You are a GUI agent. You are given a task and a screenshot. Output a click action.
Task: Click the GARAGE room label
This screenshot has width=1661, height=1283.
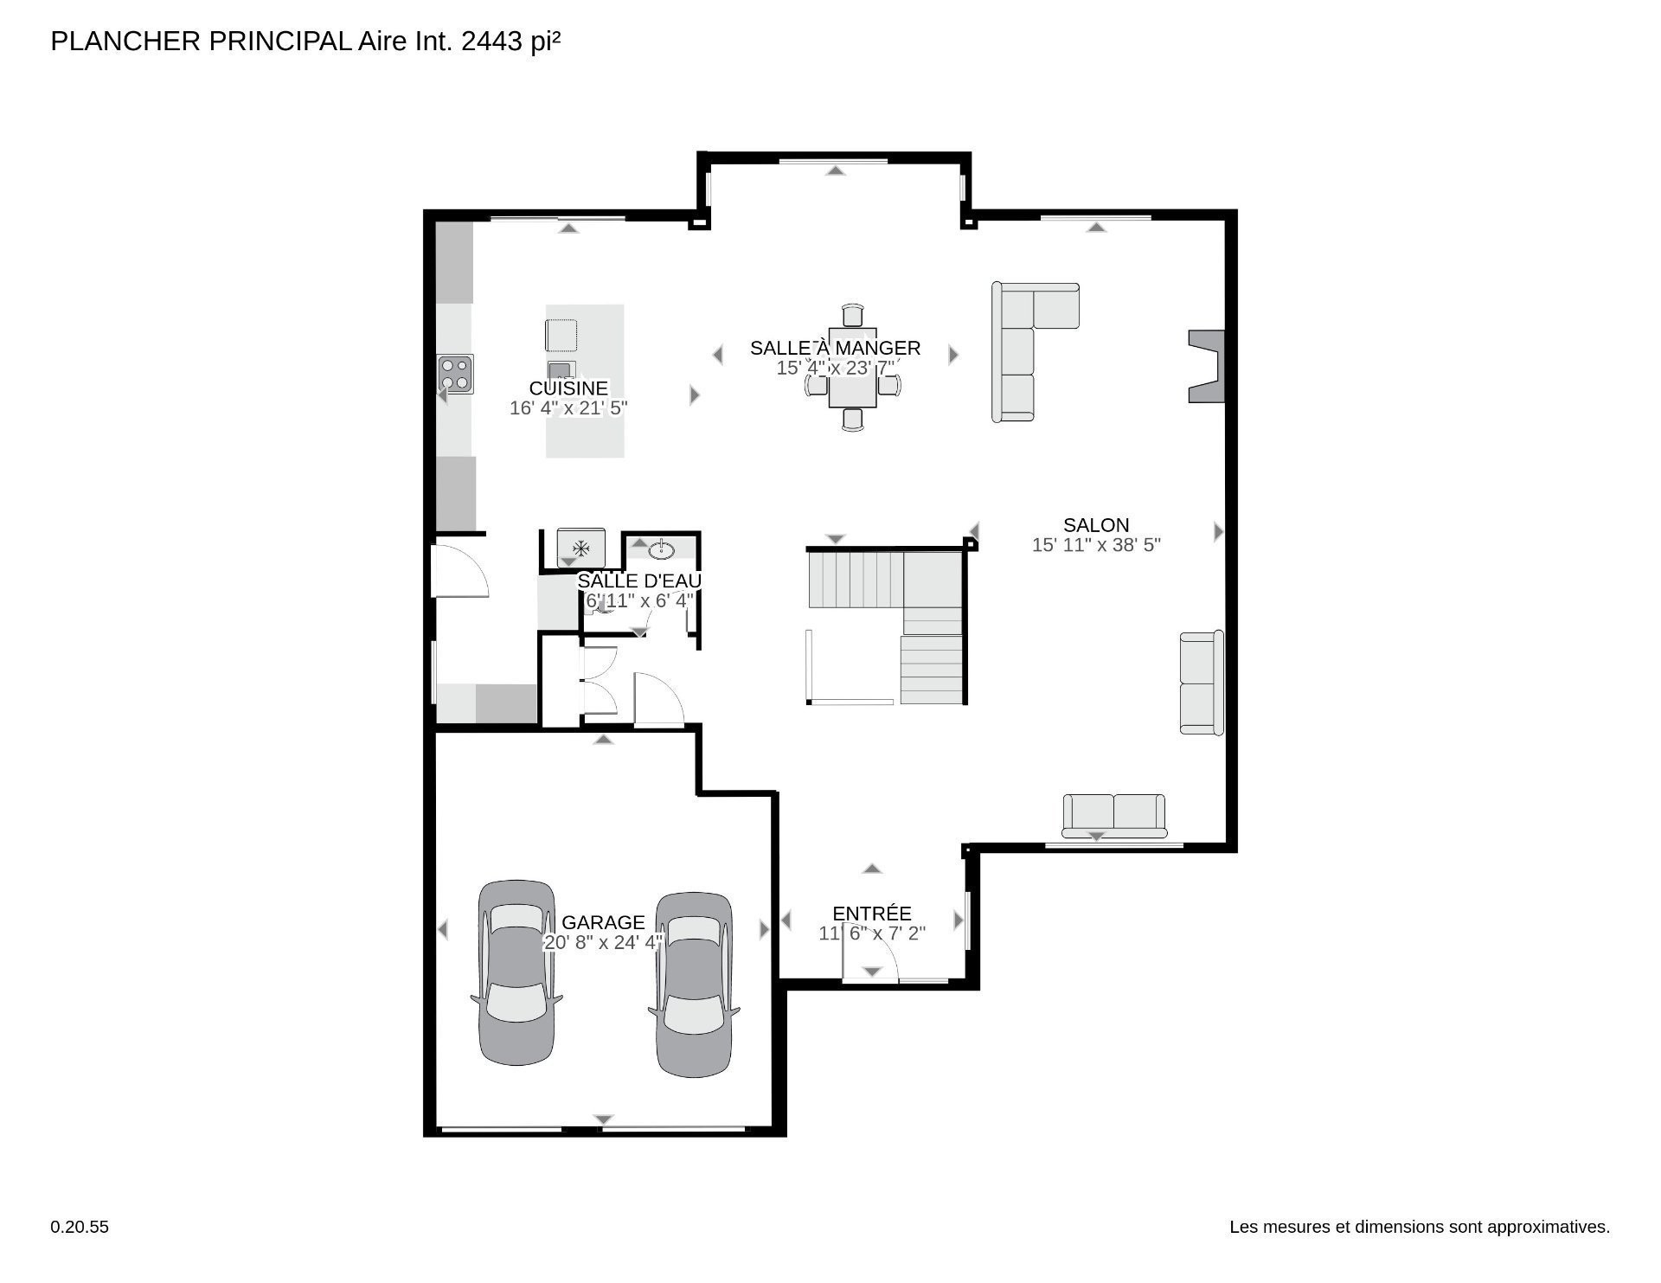click(603, 922)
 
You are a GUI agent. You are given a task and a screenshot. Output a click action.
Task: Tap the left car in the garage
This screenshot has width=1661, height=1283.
click(516, 972)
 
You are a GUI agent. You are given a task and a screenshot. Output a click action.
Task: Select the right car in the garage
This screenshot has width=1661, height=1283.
click(694, 985)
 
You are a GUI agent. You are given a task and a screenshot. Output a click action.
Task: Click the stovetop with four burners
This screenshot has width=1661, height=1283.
click(455, 375)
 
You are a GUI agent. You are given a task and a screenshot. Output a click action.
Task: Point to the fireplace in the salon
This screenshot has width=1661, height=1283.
click(1207, 366)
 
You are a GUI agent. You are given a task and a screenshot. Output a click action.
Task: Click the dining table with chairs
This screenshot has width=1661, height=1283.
click(852, 367)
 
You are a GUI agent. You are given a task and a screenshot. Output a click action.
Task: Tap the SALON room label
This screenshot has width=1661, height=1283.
click(1096, 525)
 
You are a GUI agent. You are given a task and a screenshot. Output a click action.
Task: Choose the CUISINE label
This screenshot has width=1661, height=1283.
click(568, 388)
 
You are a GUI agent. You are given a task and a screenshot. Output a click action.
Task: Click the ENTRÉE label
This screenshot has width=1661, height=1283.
click(872, 914)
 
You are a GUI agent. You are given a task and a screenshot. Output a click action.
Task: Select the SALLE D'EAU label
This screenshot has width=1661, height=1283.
click(639, 581)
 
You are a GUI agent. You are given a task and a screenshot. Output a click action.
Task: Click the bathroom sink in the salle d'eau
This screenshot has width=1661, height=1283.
click(663, 548)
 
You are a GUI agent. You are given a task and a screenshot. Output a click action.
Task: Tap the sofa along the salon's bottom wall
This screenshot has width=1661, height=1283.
click(1113, 816)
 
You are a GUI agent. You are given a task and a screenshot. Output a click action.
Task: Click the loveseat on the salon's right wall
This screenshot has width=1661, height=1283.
click(1202, 683)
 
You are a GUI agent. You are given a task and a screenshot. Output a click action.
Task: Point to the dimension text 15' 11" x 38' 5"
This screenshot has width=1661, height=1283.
click(1096, 545)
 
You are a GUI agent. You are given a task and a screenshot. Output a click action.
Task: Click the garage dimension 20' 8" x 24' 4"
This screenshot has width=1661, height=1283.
click(603, 942)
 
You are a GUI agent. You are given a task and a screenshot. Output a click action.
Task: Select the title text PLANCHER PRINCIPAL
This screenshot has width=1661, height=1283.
click(201, 42)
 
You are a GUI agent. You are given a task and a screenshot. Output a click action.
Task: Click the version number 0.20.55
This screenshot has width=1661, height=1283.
click(80, 1227)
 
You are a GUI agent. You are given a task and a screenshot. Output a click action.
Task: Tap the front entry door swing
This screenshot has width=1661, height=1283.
click(871, 953)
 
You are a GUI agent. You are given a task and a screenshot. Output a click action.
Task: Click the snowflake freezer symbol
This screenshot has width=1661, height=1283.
click(581, 548)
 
